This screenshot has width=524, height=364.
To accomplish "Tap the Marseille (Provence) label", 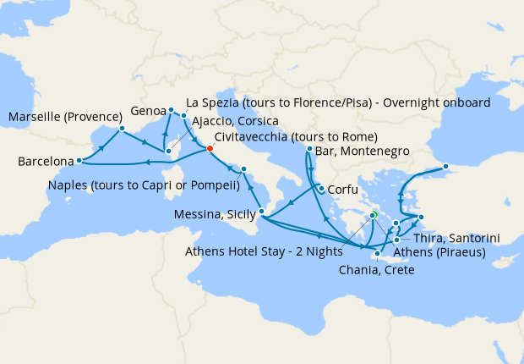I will click(59, 116).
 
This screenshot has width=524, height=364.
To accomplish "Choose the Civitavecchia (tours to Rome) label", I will click(296, 137).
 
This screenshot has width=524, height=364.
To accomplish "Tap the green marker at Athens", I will click(374, 215).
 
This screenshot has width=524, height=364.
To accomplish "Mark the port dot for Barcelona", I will click(78, 160).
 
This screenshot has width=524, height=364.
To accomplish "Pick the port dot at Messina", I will click(262, 212).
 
